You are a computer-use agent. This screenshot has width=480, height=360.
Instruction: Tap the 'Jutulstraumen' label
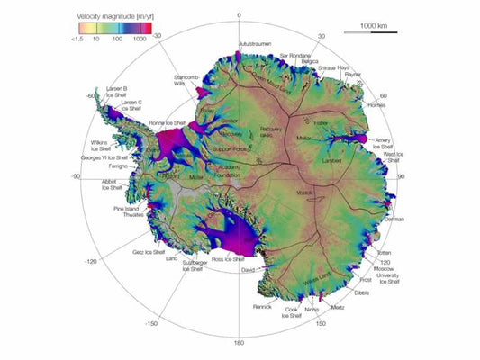point(254,42)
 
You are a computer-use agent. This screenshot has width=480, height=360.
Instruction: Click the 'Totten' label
point(390,253)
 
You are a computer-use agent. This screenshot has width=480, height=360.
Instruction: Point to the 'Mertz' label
point(337,308)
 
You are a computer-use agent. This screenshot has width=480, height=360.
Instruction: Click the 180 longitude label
point(240,343)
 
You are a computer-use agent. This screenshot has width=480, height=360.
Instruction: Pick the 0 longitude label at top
point(239,15)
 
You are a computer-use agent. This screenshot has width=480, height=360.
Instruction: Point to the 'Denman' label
point(394,219)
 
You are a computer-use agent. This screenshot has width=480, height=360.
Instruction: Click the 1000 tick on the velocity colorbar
point(140,40)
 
